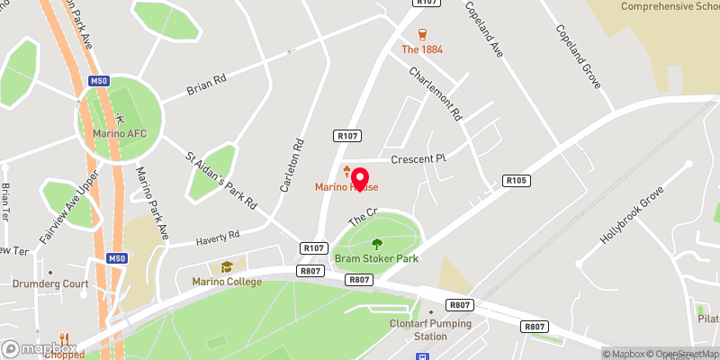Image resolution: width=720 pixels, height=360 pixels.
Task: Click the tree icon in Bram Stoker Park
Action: tap(376, 243)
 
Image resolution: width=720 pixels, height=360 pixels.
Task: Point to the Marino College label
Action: tap(227, 282)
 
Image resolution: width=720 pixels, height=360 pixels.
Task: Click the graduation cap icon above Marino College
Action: tap(227, 266)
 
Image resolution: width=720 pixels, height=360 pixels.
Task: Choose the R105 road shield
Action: tap(516, 180)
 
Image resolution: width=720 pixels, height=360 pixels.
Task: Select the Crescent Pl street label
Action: tap(418, 158)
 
